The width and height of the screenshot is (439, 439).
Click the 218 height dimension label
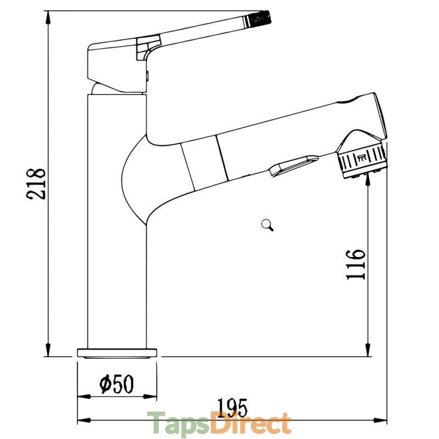pyautogui.click(x=36, y=184)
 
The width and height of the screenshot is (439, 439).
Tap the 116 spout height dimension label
pyautogui.click(x=356, y=264)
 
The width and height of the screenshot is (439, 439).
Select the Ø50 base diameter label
pyautogui.click(x=117, y=384)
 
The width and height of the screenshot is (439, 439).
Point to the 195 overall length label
pyautogui.click(x=232, y=408)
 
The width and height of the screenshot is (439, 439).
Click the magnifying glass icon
pyautogui.click(x=267, y=225)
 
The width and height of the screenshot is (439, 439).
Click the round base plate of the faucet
pyautogui.click(x=117, y=353)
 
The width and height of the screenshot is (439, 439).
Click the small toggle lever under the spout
pyautogui.click(x=294, y=166)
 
